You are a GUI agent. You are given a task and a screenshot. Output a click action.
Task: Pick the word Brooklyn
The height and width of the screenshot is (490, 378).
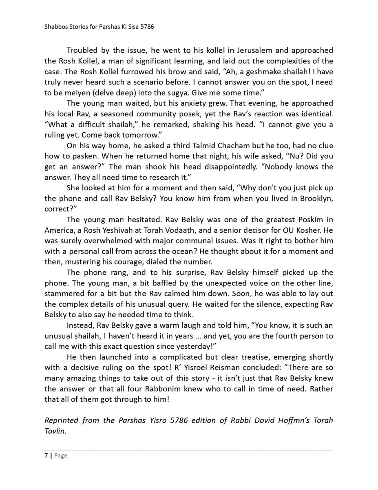pyautogui.click(x=316, y=199)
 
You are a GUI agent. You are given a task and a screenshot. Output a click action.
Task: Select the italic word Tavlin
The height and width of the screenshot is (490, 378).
pyautogui.click(x=54, y=431)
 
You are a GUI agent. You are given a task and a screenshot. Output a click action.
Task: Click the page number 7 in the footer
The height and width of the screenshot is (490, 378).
pyautogui.click(x=46, y=456)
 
